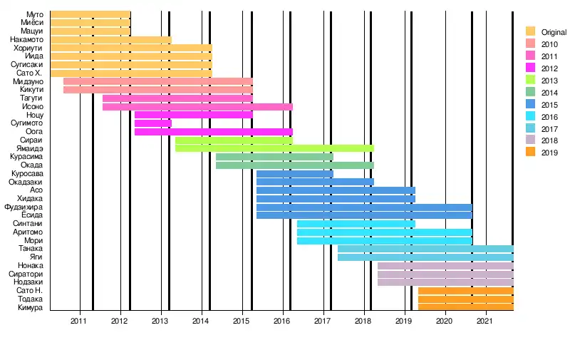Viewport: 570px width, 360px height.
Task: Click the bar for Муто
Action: click(90, 14)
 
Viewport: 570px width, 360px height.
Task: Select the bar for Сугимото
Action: click(152, 123)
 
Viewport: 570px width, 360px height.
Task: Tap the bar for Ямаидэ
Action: click(274, 148)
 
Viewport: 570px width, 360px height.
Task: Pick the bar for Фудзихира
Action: click(364, 207)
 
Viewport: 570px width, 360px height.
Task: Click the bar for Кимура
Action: click(465, 307)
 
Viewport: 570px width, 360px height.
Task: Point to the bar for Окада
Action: click(294, 165)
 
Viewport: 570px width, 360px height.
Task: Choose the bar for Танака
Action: click(425, 249)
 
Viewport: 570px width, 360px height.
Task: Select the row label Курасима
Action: click(26, 157)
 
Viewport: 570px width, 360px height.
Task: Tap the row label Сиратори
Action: click(26, 274)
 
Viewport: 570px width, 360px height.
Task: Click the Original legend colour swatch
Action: click(530, 32)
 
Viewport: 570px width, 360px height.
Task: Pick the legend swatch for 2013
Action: click(530, 80)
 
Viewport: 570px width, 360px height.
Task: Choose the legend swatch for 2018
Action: click(530, 140)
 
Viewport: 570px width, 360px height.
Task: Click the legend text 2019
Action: click(550, 153)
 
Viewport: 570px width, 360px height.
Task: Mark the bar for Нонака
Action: click(445, 266)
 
